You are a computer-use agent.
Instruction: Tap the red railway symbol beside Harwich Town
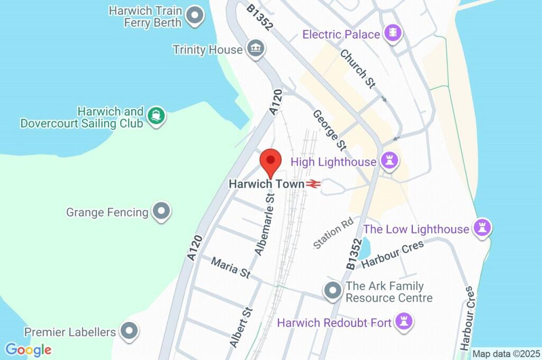click(313, 184)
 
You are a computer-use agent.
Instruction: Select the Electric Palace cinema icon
click(393, 34)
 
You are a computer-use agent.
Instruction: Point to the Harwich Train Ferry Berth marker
click(196, 16)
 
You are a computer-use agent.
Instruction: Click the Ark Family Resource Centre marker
click(332, 291)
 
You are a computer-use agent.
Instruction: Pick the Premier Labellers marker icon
click(129, 332)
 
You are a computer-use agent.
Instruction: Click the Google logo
click(29, 349)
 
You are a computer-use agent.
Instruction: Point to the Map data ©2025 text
click(505, 354)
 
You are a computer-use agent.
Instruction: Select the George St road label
click(329, 129)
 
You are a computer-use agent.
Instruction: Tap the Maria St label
click(231, 267)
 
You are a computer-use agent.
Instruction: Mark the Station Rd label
click(333, 233)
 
